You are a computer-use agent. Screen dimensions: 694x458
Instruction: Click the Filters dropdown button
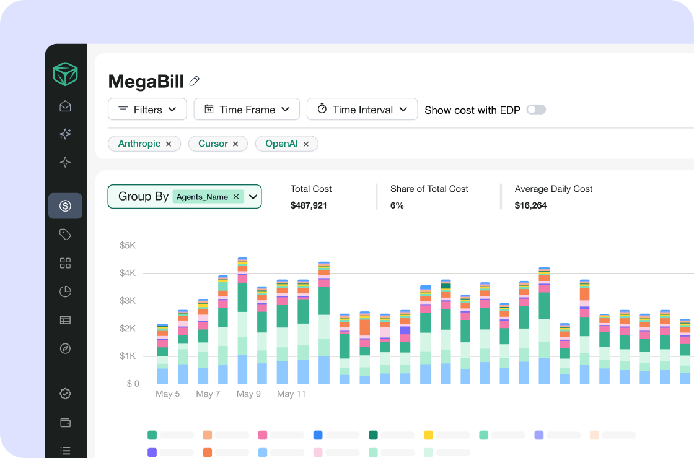pos(147,109)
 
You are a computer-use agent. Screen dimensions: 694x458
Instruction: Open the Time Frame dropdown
pos(247,109)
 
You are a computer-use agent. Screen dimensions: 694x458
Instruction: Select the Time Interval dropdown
pos(362,109)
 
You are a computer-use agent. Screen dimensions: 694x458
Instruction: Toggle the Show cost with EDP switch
pos(536,110)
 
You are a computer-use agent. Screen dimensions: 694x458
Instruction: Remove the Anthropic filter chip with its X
pos(169,144)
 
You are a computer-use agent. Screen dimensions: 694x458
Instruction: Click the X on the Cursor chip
pos(235,144)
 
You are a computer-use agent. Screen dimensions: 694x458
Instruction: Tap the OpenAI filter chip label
pos(281,144)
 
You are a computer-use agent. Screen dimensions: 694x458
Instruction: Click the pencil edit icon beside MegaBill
pos(195,81)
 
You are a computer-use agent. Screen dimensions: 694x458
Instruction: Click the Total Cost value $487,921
pos(309,205)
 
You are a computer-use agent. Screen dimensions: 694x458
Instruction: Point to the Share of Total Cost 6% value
pos(397,205)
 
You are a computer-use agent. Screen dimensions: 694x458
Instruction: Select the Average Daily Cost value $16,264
pos(530,205)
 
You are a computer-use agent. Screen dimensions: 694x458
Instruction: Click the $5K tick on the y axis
pos(128,245)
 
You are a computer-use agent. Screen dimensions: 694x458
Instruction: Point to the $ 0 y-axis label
pos(133,384)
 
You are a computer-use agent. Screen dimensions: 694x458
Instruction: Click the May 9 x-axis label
pos(248,394)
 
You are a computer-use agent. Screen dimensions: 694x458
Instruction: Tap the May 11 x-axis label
pos(291,394)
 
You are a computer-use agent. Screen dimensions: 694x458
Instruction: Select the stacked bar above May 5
pos(162,354)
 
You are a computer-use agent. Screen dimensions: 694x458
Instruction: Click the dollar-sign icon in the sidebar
pos(65,205)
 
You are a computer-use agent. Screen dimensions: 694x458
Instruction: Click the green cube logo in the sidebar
pos(65,74)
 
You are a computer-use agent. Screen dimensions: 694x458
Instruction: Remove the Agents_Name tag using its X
pos(236,196)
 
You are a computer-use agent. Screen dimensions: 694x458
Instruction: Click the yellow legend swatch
pos(428,435)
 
